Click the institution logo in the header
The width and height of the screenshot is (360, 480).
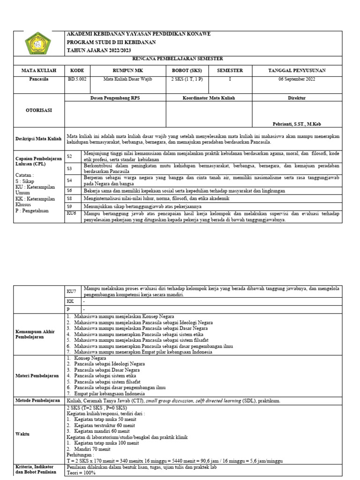pyautogui.click(x=39, y=43)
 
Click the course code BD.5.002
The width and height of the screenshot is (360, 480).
pyautogui.click(x=76, y=79)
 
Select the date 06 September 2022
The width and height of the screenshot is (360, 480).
pyautogui.click(x=296, y=79)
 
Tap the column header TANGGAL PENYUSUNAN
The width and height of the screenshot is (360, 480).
pyautogui.click(x=296, y=70)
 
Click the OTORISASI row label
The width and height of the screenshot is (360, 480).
pyautogui.click(x=39, y=110)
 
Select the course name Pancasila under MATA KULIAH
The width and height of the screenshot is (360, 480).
pyautogui.click(x=39, y=79)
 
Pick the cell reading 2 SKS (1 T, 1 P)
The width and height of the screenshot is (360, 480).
pyautogui.click(x=187, y=79)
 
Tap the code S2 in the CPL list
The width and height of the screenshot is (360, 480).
pyautogui.click(x=69, y=156)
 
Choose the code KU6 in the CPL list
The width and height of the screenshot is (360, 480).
pyautogui.click(x=71, y=213)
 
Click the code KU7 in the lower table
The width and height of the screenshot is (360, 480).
pyautogui.click(x=71, y=291)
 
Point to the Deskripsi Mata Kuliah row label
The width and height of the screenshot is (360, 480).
pyautogui.click(x=39, y=139)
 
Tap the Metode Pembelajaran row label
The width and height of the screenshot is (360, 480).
pyautogui.click(x=38, y=400)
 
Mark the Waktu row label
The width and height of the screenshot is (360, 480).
pyautogui.click(x=22, y=434)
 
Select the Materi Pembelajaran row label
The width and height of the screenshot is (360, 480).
pyautogui.click(x=37, y=375)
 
